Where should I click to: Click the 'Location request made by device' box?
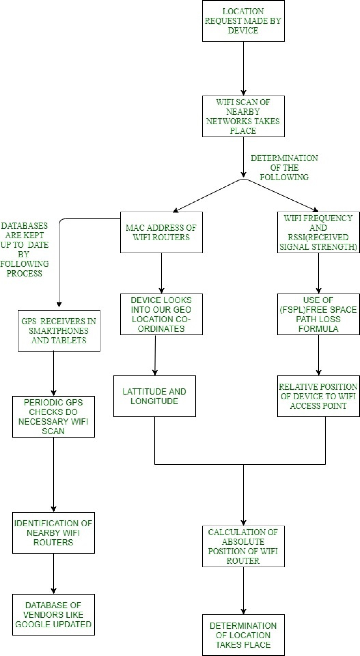click(243, 21)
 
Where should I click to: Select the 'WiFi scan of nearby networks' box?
click(243, 116)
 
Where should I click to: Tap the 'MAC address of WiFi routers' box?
click(161, 232)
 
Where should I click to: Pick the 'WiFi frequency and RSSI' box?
click(318, 232)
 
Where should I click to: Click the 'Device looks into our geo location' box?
click(161, 314)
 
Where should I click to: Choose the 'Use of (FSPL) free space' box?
click(318, 314)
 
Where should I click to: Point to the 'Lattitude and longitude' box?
click(154, 396)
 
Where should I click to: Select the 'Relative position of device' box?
click(318, 396)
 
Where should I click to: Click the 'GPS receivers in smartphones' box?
click(59, 331)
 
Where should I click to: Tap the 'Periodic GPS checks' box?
click(53, 417)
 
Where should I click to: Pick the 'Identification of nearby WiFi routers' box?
click(53, 533)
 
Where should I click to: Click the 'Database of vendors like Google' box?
click(53, 615)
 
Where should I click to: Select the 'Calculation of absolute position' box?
click(243, 546)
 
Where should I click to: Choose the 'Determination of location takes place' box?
click(243, 635)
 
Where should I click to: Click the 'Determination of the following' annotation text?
click(284, 168)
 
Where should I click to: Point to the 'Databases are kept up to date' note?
click(24, 249)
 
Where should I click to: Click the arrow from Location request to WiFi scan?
click(244, 68)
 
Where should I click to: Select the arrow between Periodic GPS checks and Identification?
click(54, 474)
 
